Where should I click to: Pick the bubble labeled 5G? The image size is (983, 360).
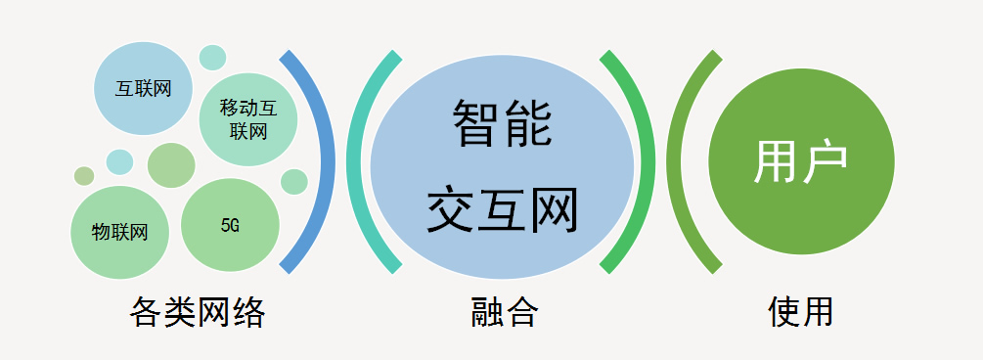230,225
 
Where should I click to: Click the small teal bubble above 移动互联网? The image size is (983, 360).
212,57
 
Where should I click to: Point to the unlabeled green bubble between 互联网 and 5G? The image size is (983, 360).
171,164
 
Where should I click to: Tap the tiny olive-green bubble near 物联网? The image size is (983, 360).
84,176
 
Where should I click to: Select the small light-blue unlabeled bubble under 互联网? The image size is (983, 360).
119,161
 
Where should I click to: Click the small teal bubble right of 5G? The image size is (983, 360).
294,182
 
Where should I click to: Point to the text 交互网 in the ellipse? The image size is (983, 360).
502,208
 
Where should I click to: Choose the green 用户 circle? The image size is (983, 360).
801,161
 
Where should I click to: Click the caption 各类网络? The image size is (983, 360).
198,312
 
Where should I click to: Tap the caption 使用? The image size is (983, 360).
801,312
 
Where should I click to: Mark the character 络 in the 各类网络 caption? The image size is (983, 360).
249,312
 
